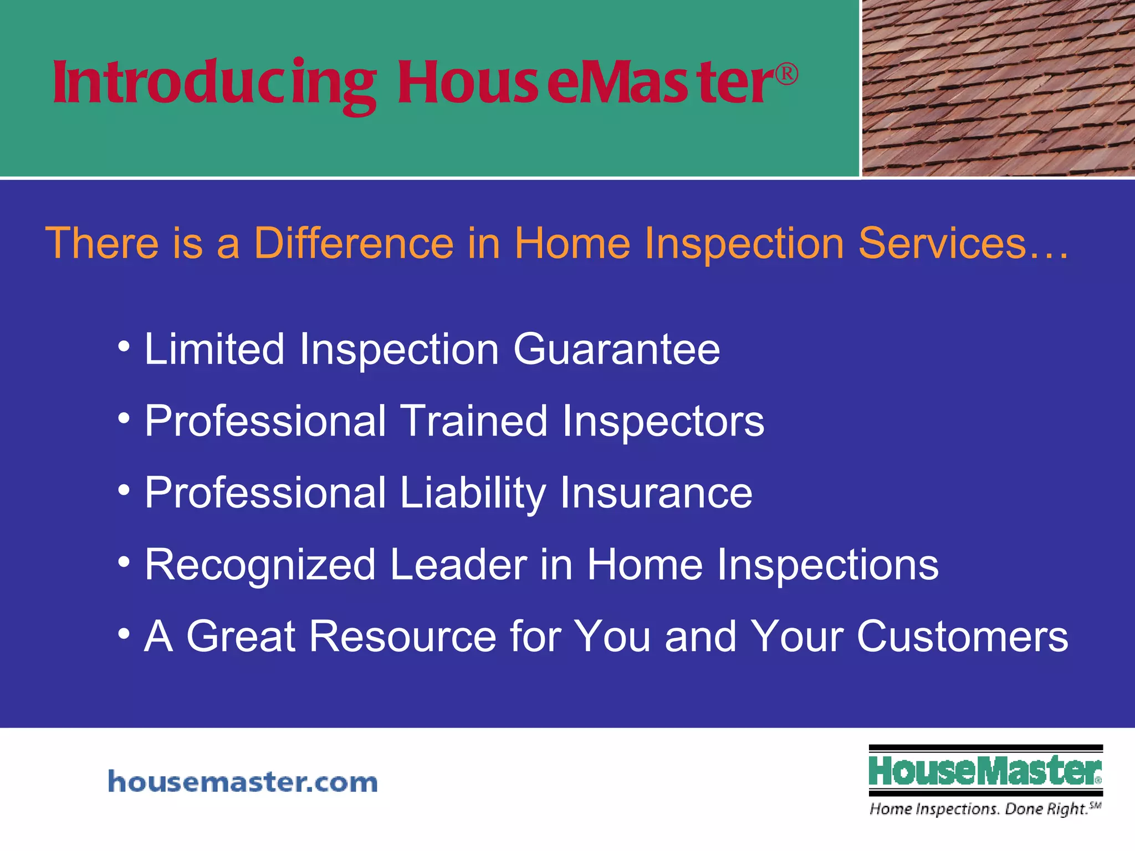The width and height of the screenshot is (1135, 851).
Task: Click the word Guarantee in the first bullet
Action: tap(616, 350)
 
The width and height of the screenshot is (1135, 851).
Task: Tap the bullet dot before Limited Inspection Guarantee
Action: tap(124, 347)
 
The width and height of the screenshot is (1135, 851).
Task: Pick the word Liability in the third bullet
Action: tap(473, 494)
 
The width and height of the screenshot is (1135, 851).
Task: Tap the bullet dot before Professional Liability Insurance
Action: tap(124, 490)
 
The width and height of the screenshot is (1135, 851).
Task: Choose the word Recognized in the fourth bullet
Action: tap(260, 565)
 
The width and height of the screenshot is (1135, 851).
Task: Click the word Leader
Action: tap(459, 565)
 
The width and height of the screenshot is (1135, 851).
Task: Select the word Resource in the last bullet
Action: tap(402, 637)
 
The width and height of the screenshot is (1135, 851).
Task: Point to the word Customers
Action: tap(962, 637)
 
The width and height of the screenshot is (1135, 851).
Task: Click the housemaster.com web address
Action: tap(243, 782)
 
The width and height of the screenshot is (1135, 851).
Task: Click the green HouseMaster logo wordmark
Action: tap(985, 771)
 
